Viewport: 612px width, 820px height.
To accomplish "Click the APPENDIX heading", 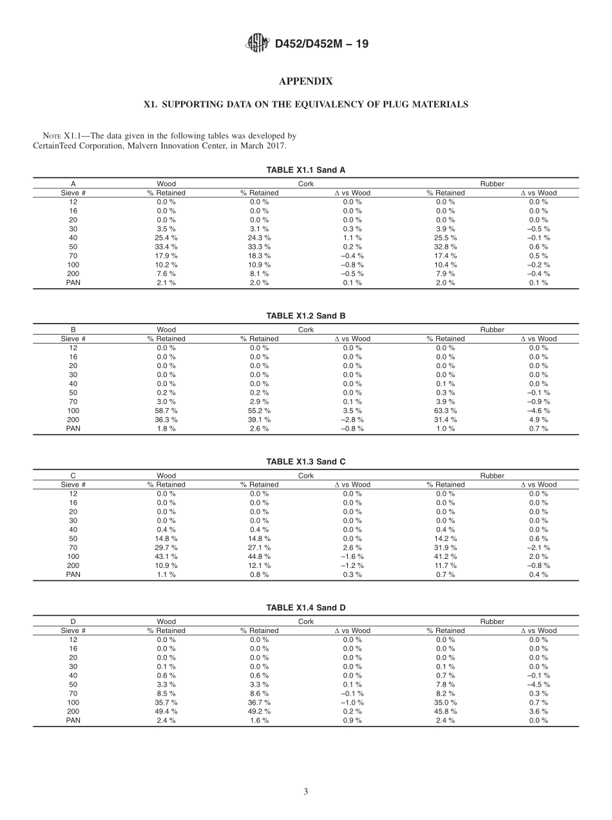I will point(305,81).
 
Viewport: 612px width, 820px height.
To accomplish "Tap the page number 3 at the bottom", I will point(305,792).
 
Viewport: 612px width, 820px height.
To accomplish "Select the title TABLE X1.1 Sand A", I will point(305,170).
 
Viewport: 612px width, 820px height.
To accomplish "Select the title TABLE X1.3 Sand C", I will point(305,462).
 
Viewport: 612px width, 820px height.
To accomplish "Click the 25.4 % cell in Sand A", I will point(166,238).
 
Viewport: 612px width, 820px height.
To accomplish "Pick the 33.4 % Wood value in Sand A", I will point(166,247).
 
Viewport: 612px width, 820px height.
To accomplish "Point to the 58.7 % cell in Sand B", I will point(166,411).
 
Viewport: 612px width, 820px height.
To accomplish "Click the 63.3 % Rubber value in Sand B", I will point(445,411).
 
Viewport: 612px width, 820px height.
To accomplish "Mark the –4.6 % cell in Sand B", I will point(539,411).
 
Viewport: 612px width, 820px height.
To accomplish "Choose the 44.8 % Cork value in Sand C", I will point(260,556).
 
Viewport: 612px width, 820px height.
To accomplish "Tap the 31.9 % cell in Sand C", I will point(445,547).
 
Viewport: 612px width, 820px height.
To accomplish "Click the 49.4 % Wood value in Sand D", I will point(166,711).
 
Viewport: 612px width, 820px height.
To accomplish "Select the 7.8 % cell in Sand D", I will point(445,684).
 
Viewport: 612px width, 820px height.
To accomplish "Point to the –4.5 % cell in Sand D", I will point(539,684).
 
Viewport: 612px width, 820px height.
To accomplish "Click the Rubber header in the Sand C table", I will point(492,476).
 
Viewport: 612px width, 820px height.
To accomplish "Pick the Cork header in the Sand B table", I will point(306,329).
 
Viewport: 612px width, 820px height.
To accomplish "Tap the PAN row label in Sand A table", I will point(73,283).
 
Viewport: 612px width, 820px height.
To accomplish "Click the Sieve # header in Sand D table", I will point(73,630).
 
